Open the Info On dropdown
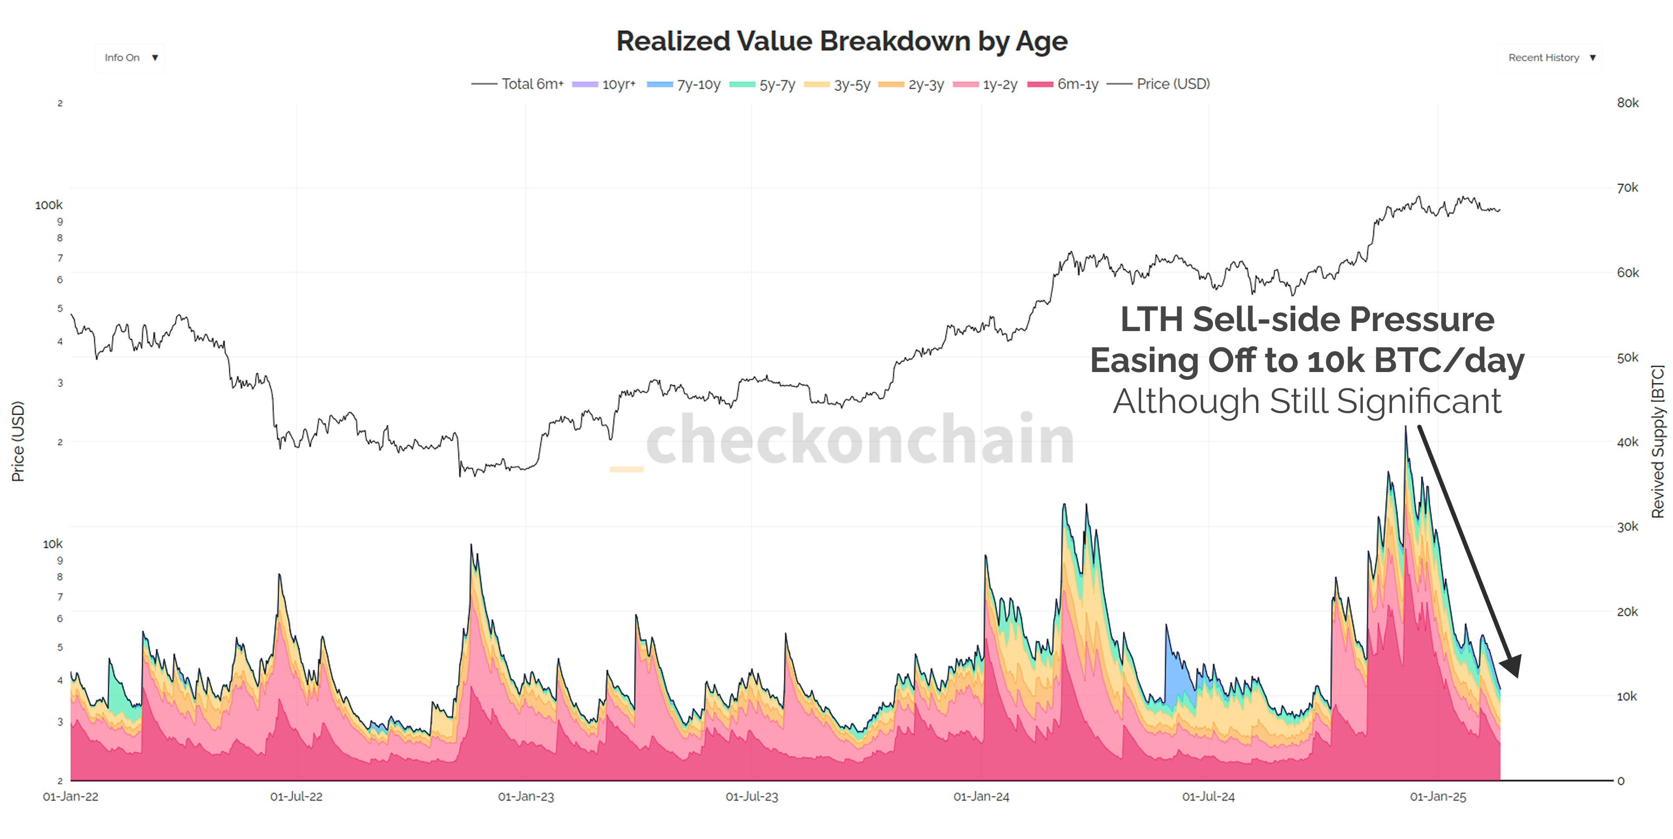pyautogui.click(x=130, y=58)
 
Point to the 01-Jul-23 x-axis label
pyautogui.click(x=752, y=797)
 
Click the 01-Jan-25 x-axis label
pyautogui.click(x=1437, y=797)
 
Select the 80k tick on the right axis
pyautogui.click(x=1628, y=103)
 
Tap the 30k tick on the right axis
pyautogui.click(x=1628, y=527)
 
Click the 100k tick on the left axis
pyautogui.click(x=49, y=205)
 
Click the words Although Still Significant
pyautogui.click(x=1307, y=401)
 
